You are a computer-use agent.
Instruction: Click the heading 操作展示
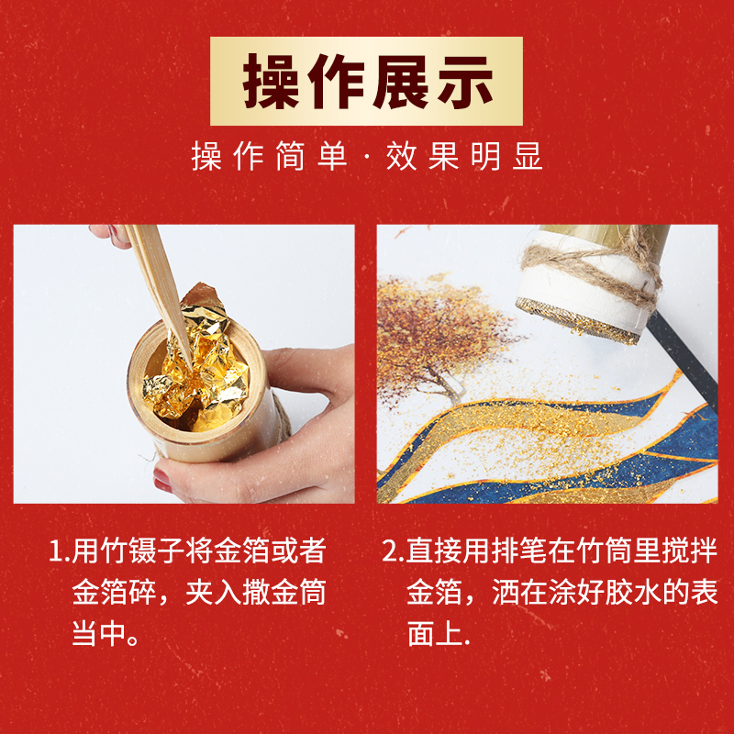(367, 81)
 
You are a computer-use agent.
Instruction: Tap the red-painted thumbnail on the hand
(162, 479)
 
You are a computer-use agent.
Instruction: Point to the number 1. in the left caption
(60, 552)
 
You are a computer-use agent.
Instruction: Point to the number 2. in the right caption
(393, 552)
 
